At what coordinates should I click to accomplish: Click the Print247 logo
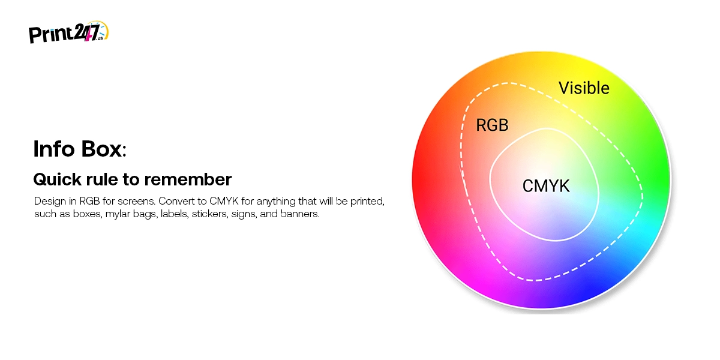(x=69, y=32)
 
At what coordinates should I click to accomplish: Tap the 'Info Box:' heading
(x=80, y=149)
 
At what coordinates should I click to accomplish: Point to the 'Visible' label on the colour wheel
(x=584, y=88)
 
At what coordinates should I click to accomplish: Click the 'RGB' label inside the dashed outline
(x=492, y=125)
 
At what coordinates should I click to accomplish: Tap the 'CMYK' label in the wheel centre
(x=546, y=186)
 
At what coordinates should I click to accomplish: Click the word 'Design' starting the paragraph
(x=50, y=202)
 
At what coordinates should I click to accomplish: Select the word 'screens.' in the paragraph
(x=136, y=201)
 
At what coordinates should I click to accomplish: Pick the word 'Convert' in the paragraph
(x=178, y=201)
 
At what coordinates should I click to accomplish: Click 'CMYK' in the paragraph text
(x=224, y=201)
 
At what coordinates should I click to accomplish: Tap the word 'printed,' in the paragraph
(x=367, y=202)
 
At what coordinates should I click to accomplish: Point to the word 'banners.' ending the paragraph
(x=300, y=214)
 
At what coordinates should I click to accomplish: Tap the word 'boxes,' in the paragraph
(x=88, y=214)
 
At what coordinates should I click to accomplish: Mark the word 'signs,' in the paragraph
(x=244, y=214)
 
